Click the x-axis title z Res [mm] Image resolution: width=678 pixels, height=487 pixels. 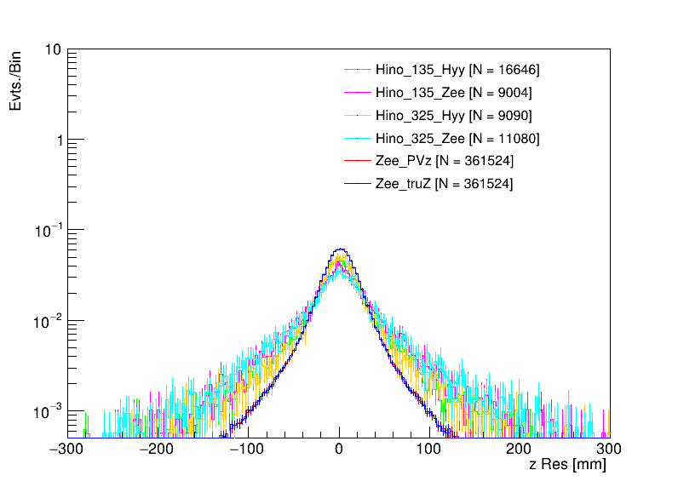pyautogui.click(x=566, y=465)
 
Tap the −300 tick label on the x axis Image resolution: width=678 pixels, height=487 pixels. pyautogui.click(x=69, y=448)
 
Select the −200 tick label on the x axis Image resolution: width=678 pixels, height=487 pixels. pyautogui.click(x=159, y=448)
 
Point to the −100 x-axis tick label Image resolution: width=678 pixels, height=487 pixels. pyautogui.click(x=249, y=448)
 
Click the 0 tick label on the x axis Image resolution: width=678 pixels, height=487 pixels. pyautogui.click(x=339, y=448)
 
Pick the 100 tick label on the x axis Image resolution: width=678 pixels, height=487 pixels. pyautogui.click(x=429, y=448)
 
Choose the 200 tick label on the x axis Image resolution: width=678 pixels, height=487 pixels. pyautogui.click(x=519, y=448)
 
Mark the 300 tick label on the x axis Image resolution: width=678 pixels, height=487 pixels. pyautogui.click(x=609, y=448)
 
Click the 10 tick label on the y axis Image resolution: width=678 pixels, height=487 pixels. pyautogui.click(x=51, y=50)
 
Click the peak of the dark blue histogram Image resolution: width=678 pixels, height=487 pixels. pyautogui.click(x=339, y=249)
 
